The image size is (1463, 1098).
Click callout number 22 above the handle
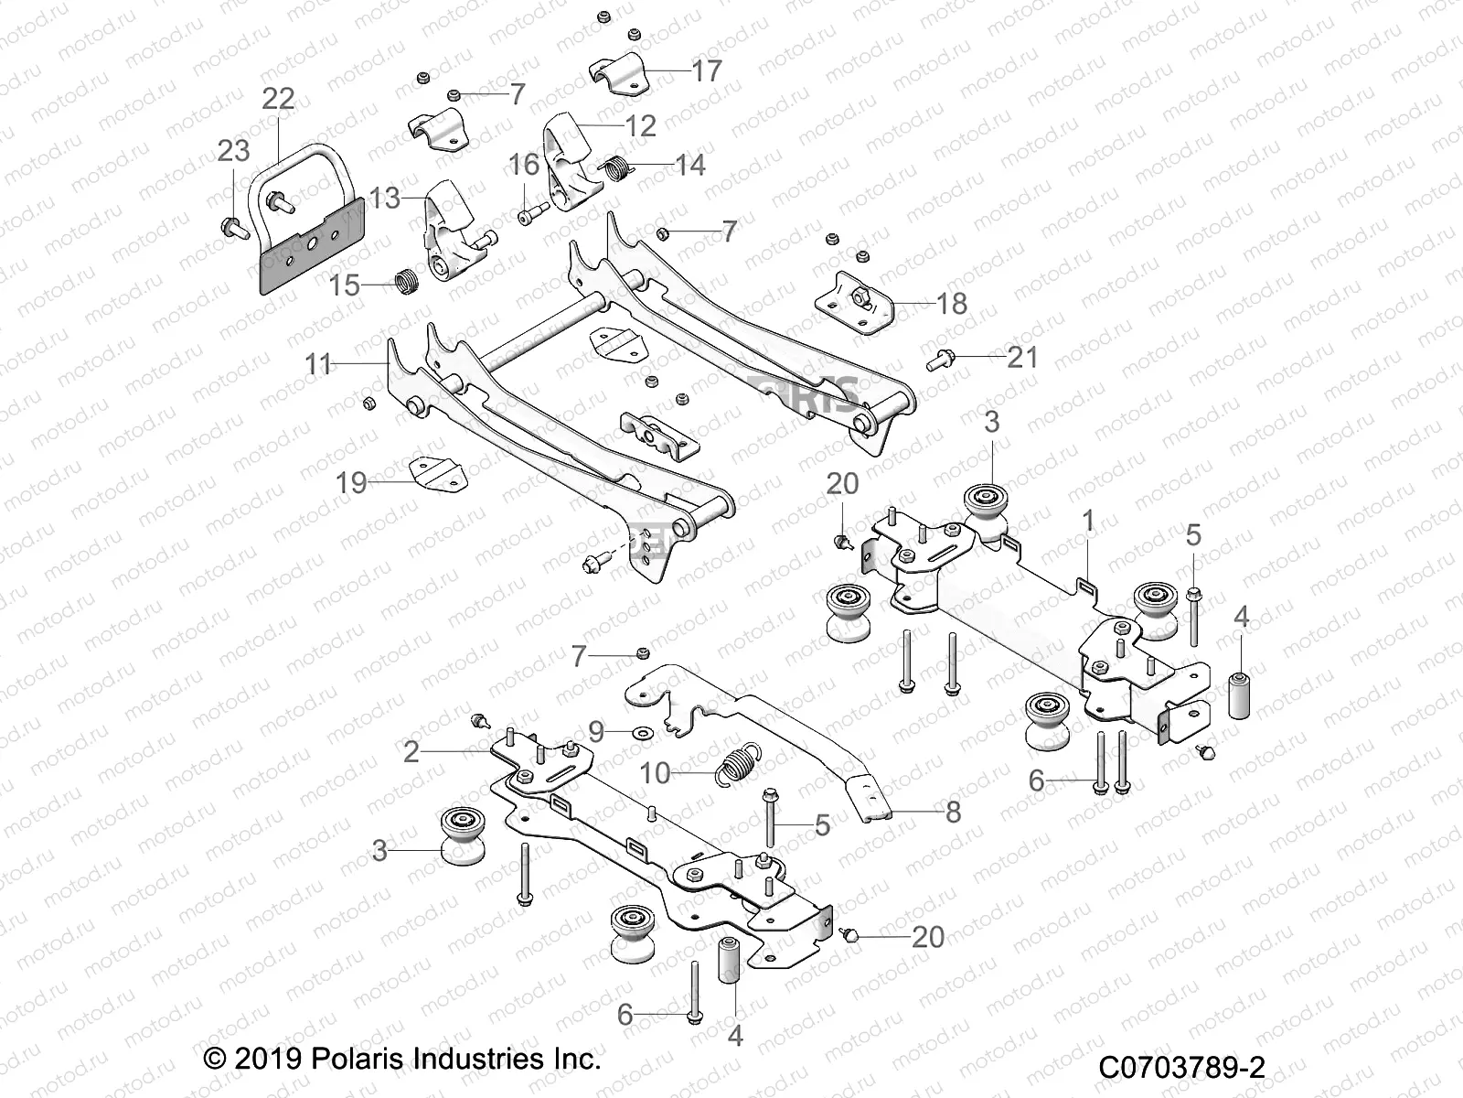[278, 99]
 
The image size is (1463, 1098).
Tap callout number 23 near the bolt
[234, 150]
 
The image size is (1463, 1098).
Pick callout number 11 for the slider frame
[317, 364]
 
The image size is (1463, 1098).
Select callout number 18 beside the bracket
[952, 303]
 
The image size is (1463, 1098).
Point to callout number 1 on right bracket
[1087, 522]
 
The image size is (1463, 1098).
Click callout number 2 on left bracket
[411, 751]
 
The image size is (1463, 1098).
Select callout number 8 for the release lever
[953, 812]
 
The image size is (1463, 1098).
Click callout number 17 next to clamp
[707, 70]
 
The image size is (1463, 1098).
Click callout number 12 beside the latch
[641, 125]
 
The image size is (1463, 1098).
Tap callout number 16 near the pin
[524, 165]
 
